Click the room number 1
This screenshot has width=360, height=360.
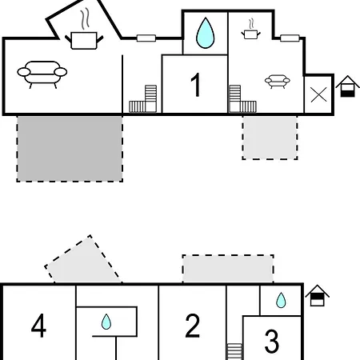[x=196, y=85]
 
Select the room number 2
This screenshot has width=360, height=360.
[x=192, y=326]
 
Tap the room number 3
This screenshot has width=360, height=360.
[x=272, y=341]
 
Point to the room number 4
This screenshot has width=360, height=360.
[x=38, y=326]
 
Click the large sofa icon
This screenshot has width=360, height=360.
[x=42, y=74]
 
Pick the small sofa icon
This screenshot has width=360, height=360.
[x=278, y=82]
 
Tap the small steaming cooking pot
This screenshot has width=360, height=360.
[x=251, y=30]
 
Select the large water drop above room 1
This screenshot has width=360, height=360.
[x=205, y=33]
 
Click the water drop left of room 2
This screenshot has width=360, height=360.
[x=106, y=322]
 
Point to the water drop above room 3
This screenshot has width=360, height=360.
[x=281, y=300]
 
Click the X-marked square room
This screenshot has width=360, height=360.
[x=319, y=94]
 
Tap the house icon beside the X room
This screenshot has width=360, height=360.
[x=347, y=86]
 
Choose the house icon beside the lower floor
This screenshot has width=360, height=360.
[x=317, y=295]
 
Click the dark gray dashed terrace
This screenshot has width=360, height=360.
[x=70, y=149]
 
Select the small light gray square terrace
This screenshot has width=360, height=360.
[x=270, y=138]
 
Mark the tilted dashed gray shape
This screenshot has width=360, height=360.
[x=83, y=260]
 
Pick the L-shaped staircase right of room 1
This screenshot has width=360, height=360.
[x=242, y=99]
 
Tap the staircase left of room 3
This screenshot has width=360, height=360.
[x=234, y=352]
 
